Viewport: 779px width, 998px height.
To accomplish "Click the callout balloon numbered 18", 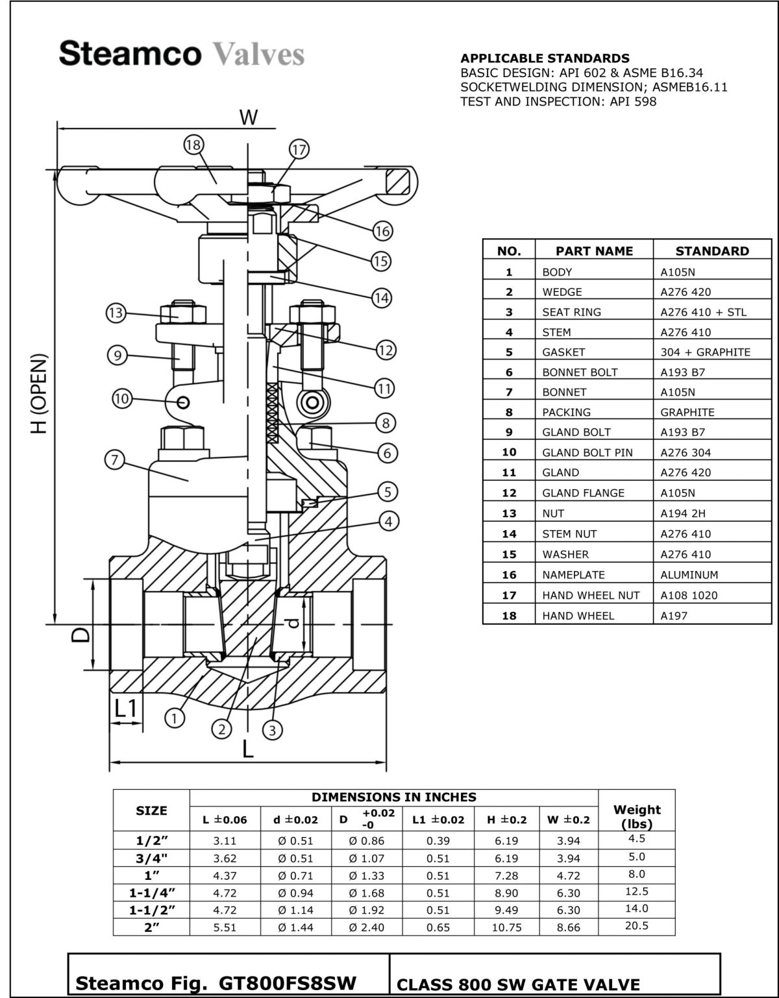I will click(193, 145).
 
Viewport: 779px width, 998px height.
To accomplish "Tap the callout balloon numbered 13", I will click(116, 313).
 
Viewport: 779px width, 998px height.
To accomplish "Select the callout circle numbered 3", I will click(272, 730).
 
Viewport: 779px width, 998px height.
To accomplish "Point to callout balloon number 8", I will click(386, 423).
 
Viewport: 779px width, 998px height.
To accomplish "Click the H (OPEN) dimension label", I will click(40, 394).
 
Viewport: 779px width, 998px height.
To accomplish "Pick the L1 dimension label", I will click(127, 709).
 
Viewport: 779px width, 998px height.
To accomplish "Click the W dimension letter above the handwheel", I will click(249, 117).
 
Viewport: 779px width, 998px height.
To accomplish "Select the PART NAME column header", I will click(593, 251).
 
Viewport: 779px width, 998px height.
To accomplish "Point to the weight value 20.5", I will click(636, 926).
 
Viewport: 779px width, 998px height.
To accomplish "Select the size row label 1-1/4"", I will click(151, 893).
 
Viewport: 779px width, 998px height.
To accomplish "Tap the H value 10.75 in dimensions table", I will click(506, 927).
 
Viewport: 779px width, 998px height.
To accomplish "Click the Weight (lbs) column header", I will click(636, 816).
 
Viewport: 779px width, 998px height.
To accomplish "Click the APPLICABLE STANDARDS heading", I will click(545, 58).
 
